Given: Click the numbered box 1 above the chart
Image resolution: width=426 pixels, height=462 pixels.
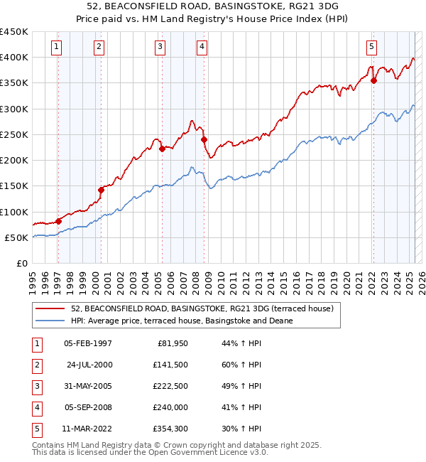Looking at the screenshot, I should coord(56,48).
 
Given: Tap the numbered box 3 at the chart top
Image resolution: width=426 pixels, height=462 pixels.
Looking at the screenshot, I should coord(160,48).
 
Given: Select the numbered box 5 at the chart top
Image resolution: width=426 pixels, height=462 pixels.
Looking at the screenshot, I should coord(371,48).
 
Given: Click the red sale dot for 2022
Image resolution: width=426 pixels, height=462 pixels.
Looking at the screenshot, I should coord(373,80).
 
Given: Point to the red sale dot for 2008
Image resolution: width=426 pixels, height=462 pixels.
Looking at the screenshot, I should coord(204,139).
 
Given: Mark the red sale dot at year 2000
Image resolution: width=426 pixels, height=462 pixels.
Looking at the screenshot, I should coord(101,190).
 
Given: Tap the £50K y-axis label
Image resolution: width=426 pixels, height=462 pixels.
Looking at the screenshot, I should coord(16,237).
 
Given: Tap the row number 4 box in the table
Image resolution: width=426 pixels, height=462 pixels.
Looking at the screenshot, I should coord(36,408).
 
